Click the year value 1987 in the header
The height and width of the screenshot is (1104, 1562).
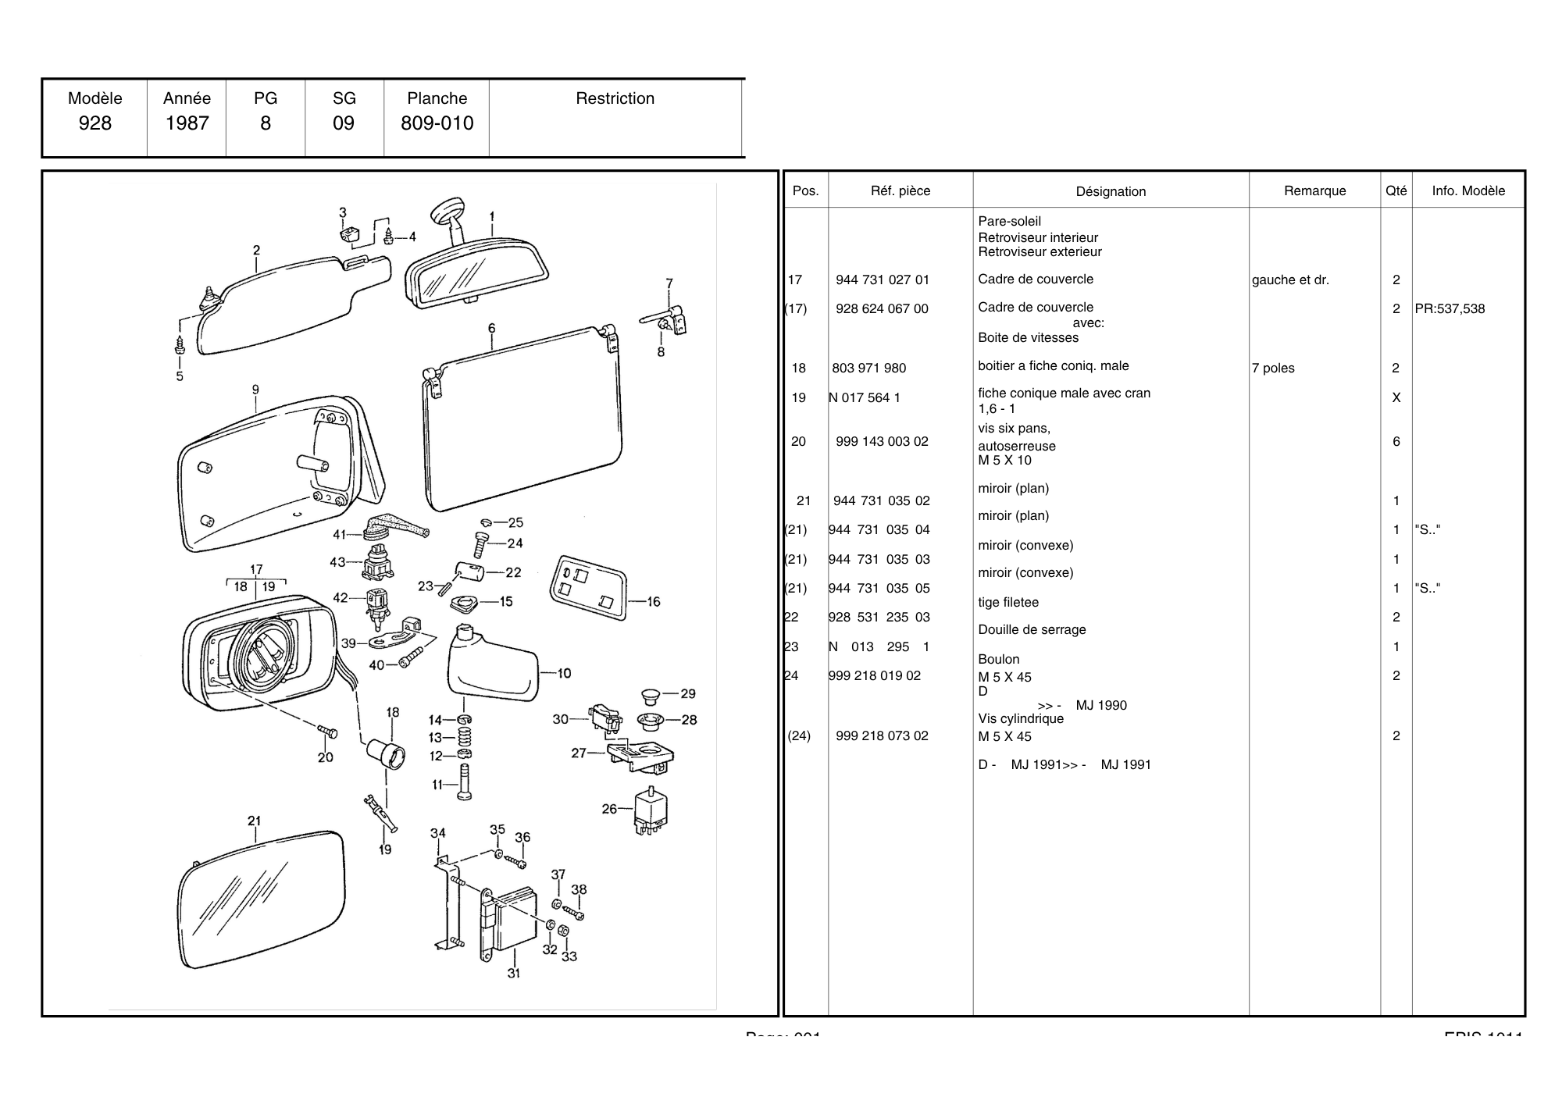point(187,123)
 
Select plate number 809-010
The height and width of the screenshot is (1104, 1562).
point(437,123)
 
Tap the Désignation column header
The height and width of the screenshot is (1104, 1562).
point(1111,191)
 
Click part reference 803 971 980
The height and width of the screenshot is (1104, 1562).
point(868,368)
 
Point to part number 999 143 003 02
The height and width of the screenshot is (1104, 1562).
point(882,442)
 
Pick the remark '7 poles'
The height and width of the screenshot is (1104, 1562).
point(1272,369)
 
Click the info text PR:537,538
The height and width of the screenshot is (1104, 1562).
point(1450,309)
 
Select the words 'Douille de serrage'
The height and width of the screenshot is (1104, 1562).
point(1032,630)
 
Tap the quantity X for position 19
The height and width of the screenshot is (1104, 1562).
point(1396,398)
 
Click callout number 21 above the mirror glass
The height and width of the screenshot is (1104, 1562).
point(255,821)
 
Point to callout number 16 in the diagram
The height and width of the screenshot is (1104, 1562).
point(654,601)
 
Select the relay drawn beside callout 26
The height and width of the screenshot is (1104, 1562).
point(651,812)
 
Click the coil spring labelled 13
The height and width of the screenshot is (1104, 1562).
point(464,737)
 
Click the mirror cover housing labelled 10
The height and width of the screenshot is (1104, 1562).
point(492,668)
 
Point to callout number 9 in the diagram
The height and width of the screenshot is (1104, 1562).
point(255,389)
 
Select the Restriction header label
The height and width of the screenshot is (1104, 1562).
point(615,98)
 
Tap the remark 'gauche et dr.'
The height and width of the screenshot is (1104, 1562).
point(1290,280)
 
